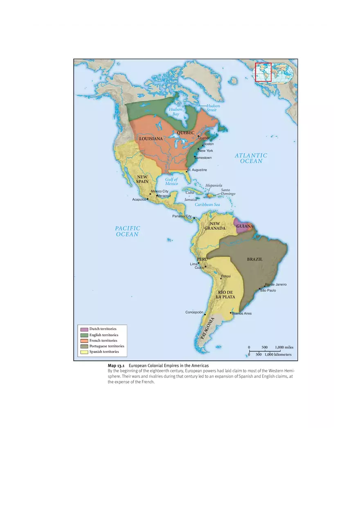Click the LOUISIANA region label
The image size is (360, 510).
click(x=151, y=139)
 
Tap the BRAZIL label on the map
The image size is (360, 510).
click(x=254, y=259)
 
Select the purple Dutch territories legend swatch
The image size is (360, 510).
click(x=84, y=329)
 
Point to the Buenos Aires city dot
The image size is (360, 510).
click(x=231, y=313)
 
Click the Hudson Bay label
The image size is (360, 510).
click(x=175, y=112)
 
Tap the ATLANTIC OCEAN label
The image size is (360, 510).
click(x=251, y=158)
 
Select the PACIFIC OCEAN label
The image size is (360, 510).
click(x=127, y=231)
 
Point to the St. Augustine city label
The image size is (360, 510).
click(x=197, y=170)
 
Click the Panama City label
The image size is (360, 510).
click(x=182, y=216)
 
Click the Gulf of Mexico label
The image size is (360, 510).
click(x=171, y=182)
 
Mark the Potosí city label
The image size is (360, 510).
click(x=226, y=276)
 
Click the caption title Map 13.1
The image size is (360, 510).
click(x=118, y=365)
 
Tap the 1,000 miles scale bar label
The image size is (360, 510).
click(x=284, y=347)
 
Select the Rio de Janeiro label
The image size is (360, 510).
click(x=276, y=284)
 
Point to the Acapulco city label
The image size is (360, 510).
click(x=139, y=199)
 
